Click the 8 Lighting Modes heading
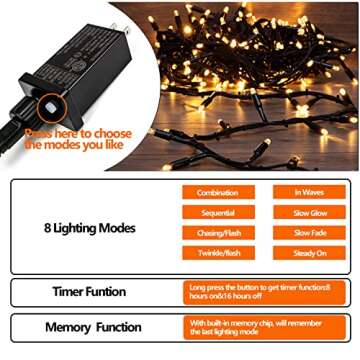pyautogui.click(x=89, y=230)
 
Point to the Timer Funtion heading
pyautogui.click(x=89, y=292)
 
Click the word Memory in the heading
pyautogui.click(x=68, y=327)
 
